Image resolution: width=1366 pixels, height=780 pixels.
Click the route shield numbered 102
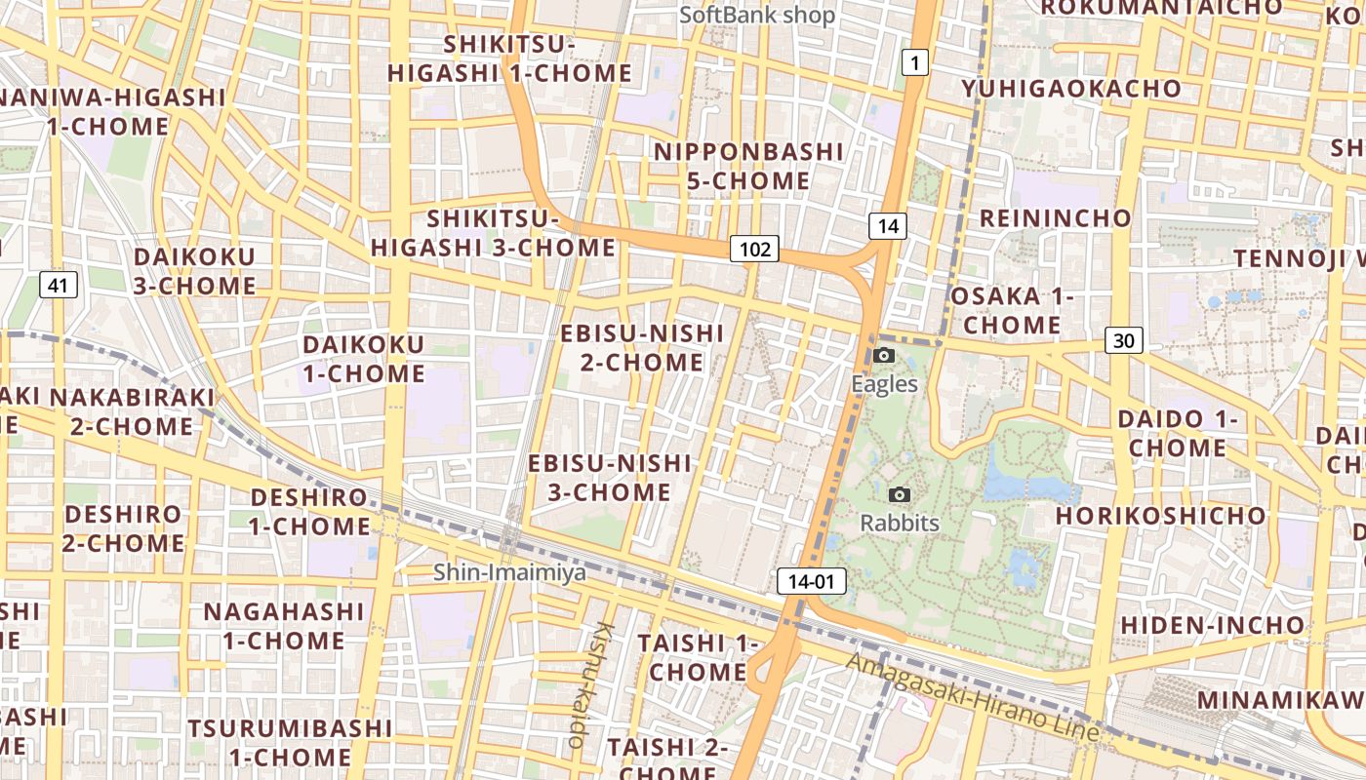(x=755, y=250)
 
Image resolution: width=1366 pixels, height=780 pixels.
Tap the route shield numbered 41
(x=59, y=285)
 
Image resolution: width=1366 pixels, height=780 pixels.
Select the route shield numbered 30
(x=1124, y=340)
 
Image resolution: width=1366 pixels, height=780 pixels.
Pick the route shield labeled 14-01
(x=812, y=582)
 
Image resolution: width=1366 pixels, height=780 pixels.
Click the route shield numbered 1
(x=913, y=63)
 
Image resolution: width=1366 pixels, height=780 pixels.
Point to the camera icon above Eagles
(x=884, y=356)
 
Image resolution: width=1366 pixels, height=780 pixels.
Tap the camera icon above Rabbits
(x=900, y=495)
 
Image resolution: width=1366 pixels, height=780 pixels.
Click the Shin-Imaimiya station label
(x=510, y=572)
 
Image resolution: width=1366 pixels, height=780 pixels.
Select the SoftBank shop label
(x=757, y=15)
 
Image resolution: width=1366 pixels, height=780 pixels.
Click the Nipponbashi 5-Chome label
(x=748, y=167)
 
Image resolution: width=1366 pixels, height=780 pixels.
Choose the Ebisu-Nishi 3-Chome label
(x=610, y=478)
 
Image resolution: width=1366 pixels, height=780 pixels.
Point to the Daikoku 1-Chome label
(x=364, y=359)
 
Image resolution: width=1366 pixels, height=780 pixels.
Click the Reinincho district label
(x=1055, y=217)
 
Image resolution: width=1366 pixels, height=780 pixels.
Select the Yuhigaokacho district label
(x=1070, y=89)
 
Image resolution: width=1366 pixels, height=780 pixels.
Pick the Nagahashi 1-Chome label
(x=284, y=626)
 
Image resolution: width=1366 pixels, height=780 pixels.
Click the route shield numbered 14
(x=888, y=226)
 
